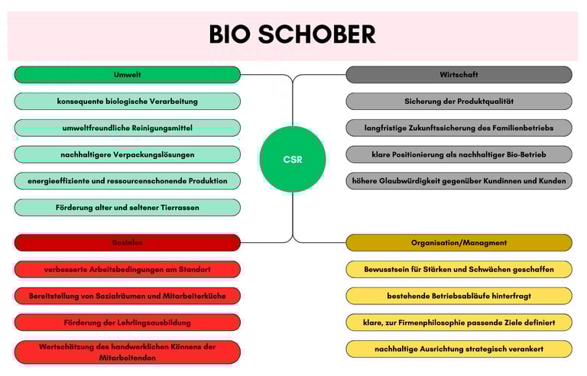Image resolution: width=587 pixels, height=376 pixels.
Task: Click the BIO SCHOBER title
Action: (x=293, y=34)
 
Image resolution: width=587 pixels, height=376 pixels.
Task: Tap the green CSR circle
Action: (x=293, y=159)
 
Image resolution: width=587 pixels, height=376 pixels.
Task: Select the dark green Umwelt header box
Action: (x=127, y=75)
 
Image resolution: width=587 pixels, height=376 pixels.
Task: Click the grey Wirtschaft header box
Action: (x=459, y=75)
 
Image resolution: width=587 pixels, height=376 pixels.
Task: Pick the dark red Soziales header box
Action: (x=127, y=243)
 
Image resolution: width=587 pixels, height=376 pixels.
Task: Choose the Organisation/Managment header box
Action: (x=459, y=243)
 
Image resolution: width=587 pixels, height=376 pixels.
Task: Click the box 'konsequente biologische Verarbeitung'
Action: (x=127, y=101)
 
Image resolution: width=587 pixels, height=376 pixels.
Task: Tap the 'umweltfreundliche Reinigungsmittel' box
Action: (x=127, y=128)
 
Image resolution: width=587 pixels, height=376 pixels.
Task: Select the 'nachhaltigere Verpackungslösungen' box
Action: (x=127, y=154)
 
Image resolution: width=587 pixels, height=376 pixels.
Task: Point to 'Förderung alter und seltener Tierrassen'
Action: (x=127, y=207)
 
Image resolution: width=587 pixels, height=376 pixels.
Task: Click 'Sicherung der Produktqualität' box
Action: (x=459, y=101)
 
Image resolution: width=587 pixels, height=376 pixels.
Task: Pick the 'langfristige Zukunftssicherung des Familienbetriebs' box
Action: (x=459, y=128)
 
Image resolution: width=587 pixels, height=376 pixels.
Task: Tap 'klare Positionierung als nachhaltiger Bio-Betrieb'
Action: (x=459, y=154)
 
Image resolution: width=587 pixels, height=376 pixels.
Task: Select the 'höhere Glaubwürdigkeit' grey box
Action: (x=459, y=181)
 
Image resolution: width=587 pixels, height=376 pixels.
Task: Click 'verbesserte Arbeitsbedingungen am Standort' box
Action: (x=127, y=269)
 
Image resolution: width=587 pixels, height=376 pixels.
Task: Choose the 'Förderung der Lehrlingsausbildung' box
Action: (x=127, y=322)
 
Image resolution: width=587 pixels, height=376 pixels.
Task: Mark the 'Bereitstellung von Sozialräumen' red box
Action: (x=127, y=296)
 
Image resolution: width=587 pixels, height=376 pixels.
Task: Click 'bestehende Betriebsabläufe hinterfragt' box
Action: (x=459, y=296)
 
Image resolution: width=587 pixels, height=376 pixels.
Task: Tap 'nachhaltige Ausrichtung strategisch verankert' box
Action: (x=459, y=348)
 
